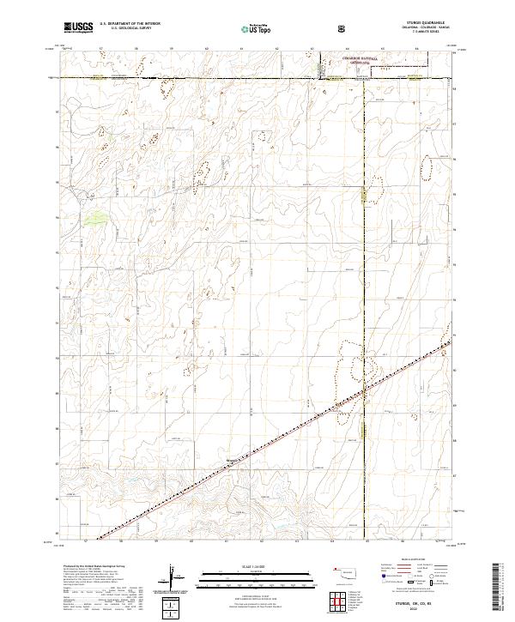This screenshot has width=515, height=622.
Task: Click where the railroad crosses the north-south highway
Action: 363,392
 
